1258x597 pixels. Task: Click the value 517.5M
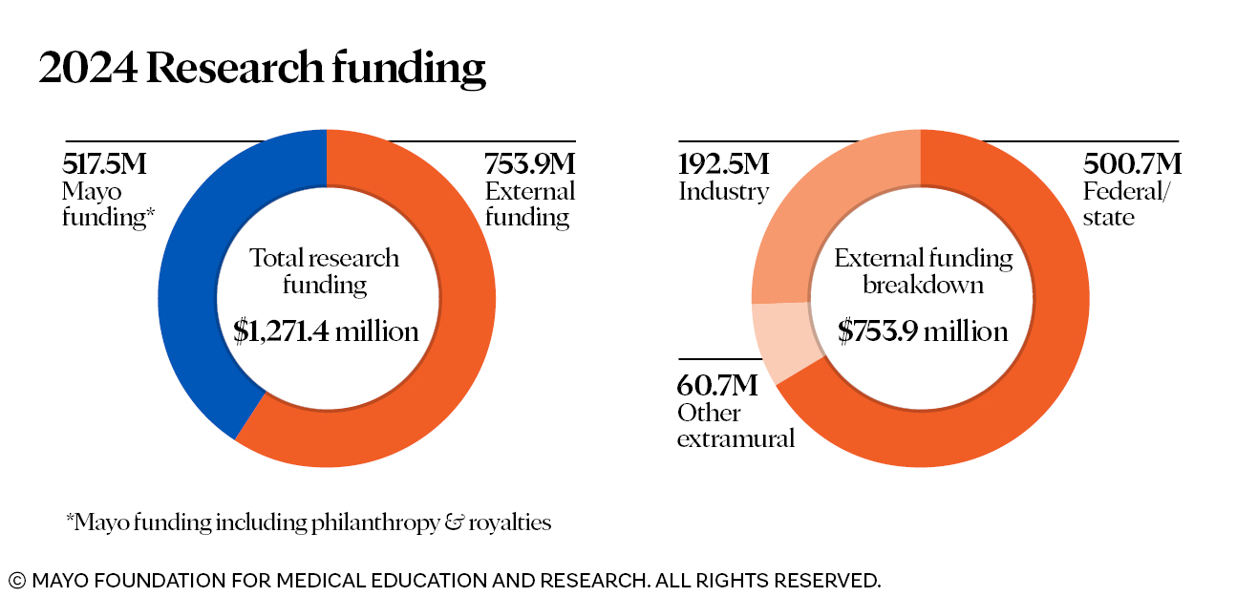coord(105,164)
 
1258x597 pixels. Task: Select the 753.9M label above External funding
coord(530,164)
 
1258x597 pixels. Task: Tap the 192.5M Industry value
coord(723,164)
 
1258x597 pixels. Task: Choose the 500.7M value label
coord(1132,164)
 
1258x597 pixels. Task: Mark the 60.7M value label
coord(717,386)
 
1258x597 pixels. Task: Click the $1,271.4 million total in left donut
coord(327,331)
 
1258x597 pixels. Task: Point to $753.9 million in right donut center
coord(923,331)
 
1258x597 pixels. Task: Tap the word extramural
coord(736,439)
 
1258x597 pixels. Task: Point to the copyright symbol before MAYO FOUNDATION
coord(17,580)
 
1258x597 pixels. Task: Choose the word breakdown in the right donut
coord(923,285)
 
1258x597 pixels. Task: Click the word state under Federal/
coord(1109,218)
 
